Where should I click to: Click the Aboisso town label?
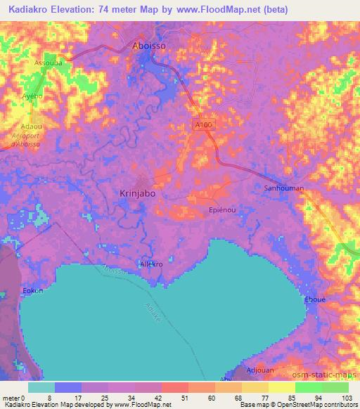coord(149,46)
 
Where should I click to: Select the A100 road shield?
coord(202,124)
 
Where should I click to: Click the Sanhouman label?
coord(283,188)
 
